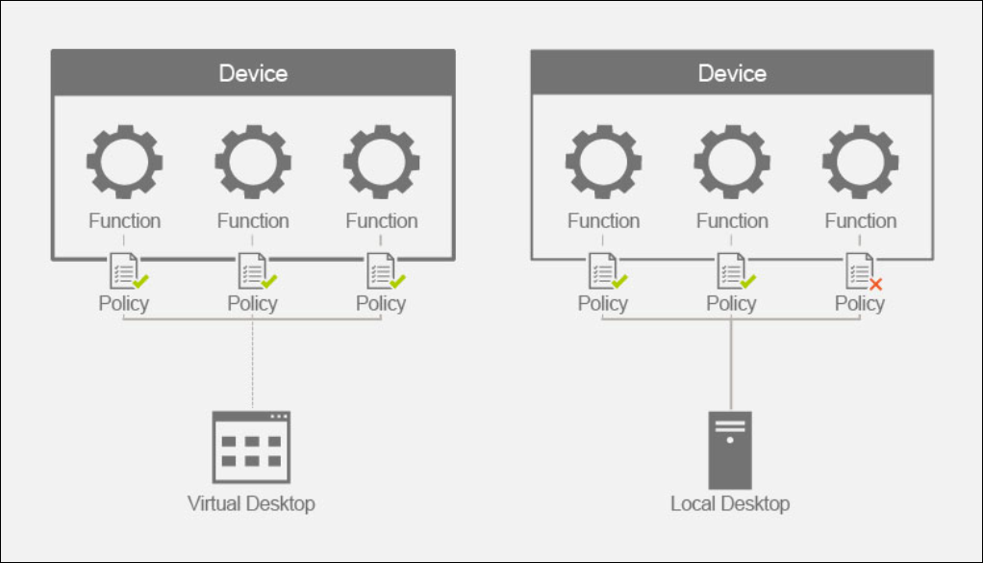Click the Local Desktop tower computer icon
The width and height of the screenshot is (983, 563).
pyautogui.click(x=730, y=449)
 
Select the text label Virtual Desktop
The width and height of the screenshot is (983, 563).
pyautogui.click(x=251, y=503)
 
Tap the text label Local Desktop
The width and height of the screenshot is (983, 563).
pyautogui.click(x=730, y=503)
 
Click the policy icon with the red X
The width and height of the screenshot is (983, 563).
pyautogui.click(x=861, y=271)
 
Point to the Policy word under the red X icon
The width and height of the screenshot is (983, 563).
pyautogui.click(x=859, y=303)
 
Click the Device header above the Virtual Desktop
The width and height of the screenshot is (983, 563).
pyautogui.click(x=253, y=73)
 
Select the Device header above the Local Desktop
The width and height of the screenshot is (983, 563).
pyautogui.click(x=732, y=73)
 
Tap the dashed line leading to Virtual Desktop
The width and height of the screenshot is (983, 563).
pyautogui.click(x=252, y=366)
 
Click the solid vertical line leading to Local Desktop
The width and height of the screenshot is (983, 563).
pyautogui.click(x=731, y=366)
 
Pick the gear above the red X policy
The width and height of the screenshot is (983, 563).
pyautogui.click(x=860, y=161)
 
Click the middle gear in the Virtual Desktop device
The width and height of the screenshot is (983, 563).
pyautogui.click(x=253, y=161)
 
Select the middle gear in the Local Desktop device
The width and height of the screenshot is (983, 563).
pyautogui.click(x=732, y=161)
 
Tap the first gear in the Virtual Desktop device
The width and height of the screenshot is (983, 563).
pyautogui.click(x=124, y=161)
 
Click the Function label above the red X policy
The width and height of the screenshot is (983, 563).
pyautogui.click(x=860, y=220)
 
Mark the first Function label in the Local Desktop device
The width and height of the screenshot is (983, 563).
pyautogui.click(x=603, y=220)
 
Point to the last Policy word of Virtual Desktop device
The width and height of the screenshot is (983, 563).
pyautogui.click(x=381, y=303)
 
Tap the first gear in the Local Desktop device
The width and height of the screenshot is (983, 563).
pyautogui.click(x=603, y=161)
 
